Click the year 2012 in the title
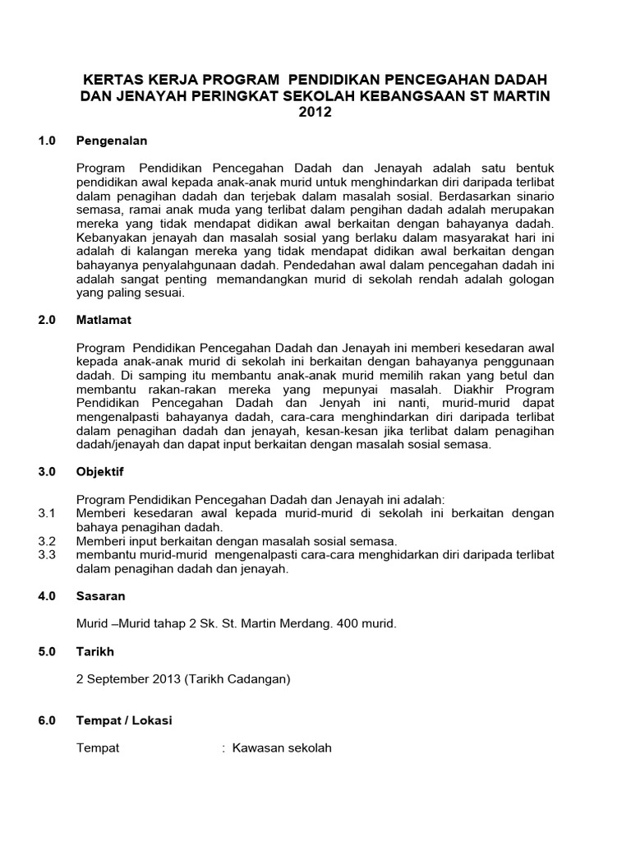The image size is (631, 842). [x=315, y=113]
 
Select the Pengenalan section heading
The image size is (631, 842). [x=112, y=141]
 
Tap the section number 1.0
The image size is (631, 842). [x=47, y=141]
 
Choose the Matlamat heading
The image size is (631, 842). [x=104, y=318]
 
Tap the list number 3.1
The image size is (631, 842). [x=46, y=513]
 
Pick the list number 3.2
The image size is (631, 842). [x=46, y=541]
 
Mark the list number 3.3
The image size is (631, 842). [x=46, y=555]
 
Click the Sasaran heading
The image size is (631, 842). [x=101, y=595]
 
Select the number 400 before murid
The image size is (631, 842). [x=337, y=624]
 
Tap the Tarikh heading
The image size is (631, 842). [x=95, y=651]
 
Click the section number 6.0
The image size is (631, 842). [x=47, y=720]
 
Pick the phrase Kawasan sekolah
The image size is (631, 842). [x=282, y=748]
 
